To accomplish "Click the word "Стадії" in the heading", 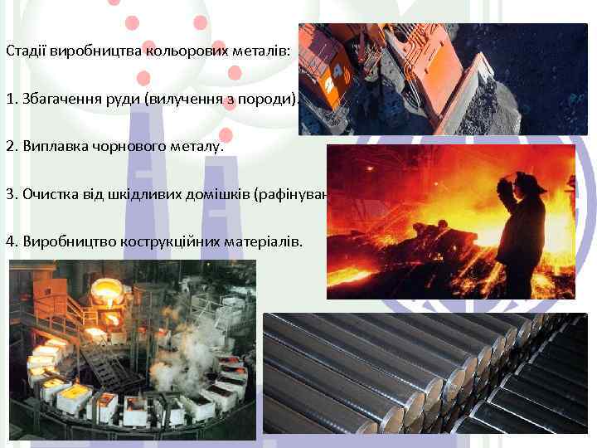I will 23,51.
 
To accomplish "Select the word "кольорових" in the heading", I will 179,51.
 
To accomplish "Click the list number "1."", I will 11,99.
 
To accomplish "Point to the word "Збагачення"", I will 56,99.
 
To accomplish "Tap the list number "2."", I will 11,147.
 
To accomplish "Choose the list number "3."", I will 11,195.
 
